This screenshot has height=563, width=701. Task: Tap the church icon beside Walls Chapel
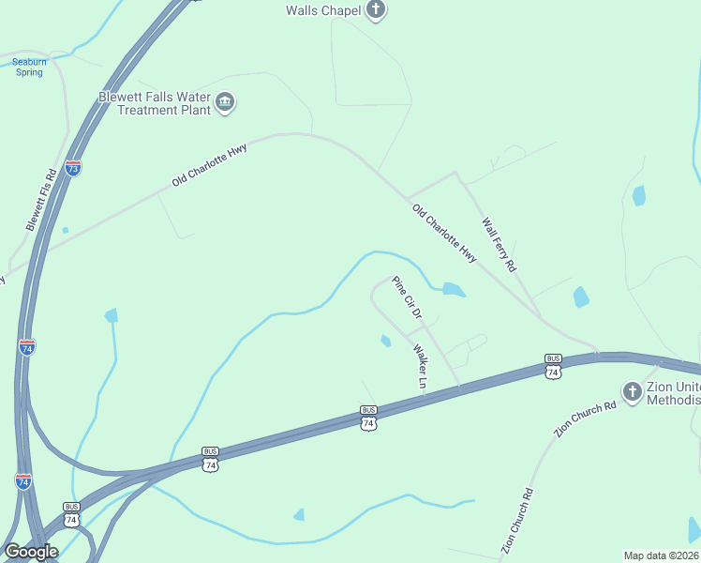[x=376, y=11]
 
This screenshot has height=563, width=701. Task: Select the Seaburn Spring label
[x=29, y=68]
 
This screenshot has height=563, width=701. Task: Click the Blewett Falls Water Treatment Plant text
[x=155, y=103]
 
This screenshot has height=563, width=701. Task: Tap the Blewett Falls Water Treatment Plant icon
[x=225, y=102]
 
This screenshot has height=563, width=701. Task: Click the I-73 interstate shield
[x=73, y=168]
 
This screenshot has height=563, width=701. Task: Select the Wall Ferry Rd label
[x=499, y=245]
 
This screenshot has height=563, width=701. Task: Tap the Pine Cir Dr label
[x=407, y=297]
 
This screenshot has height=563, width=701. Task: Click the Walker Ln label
[x=421, y=366]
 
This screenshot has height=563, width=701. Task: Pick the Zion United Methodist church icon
[x=633, y=390]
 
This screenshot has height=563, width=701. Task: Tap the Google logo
[x=31, y=551]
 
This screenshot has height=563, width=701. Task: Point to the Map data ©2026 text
[x=662, y=555]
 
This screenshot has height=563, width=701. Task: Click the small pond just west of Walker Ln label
[x=385, y=341]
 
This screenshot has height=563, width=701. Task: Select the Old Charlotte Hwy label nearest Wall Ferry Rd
[x=443, y=232]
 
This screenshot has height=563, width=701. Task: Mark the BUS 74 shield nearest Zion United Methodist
[x=553, y=367]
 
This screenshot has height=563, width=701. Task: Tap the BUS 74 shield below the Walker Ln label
[x=368, y=418]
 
